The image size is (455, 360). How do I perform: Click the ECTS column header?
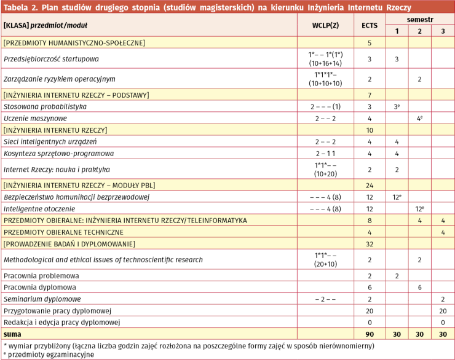pyautogui.click(x=370, y=25)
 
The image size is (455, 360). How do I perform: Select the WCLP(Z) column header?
pyautogui.click(x=325, y=25)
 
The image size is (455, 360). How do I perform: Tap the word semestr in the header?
pyautogui.click(x=419, y=20)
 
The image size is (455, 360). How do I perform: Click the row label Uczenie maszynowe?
pyautogui.click(x=35, y=118)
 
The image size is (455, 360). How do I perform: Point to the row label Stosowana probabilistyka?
pyautogui.click(x=45, y=106)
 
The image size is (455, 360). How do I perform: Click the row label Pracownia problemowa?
pyautogui.click(x=41, y=275)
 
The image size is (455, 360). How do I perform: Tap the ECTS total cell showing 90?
pyautogui.click(x=370, y=334)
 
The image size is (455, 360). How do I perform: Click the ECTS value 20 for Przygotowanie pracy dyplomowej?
pyautogui.click(x=370, y=310)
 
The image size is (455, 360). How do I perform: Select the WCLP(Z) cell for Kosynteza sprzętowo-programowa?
pyautogui.click(x=325, y=153)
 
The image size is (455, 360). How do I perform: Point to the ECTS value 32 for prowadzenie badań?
pyautogui.click(x=370, y=244)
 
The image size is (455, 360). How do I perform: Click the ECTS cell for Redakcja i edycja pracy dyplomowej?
pyautogui.click(x=370, y=322)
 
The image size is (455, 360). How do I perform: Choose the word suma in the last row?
pyautogui.click(x=12, y=334)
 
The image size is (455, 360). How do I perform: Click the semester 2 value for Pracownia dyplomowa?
pyautogui.click(x=419, y=287)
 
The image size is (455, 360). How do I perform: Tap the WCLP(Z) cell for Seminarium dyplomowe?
pyautogui.click(x=325, y=299)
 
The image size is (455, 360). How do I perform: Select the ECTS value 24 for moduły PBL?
pyautogui.click(x=370, y=185)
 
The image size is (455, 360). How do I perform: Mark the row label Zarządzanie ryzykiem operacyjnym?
pyautogui.click(x=60, y=79)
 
